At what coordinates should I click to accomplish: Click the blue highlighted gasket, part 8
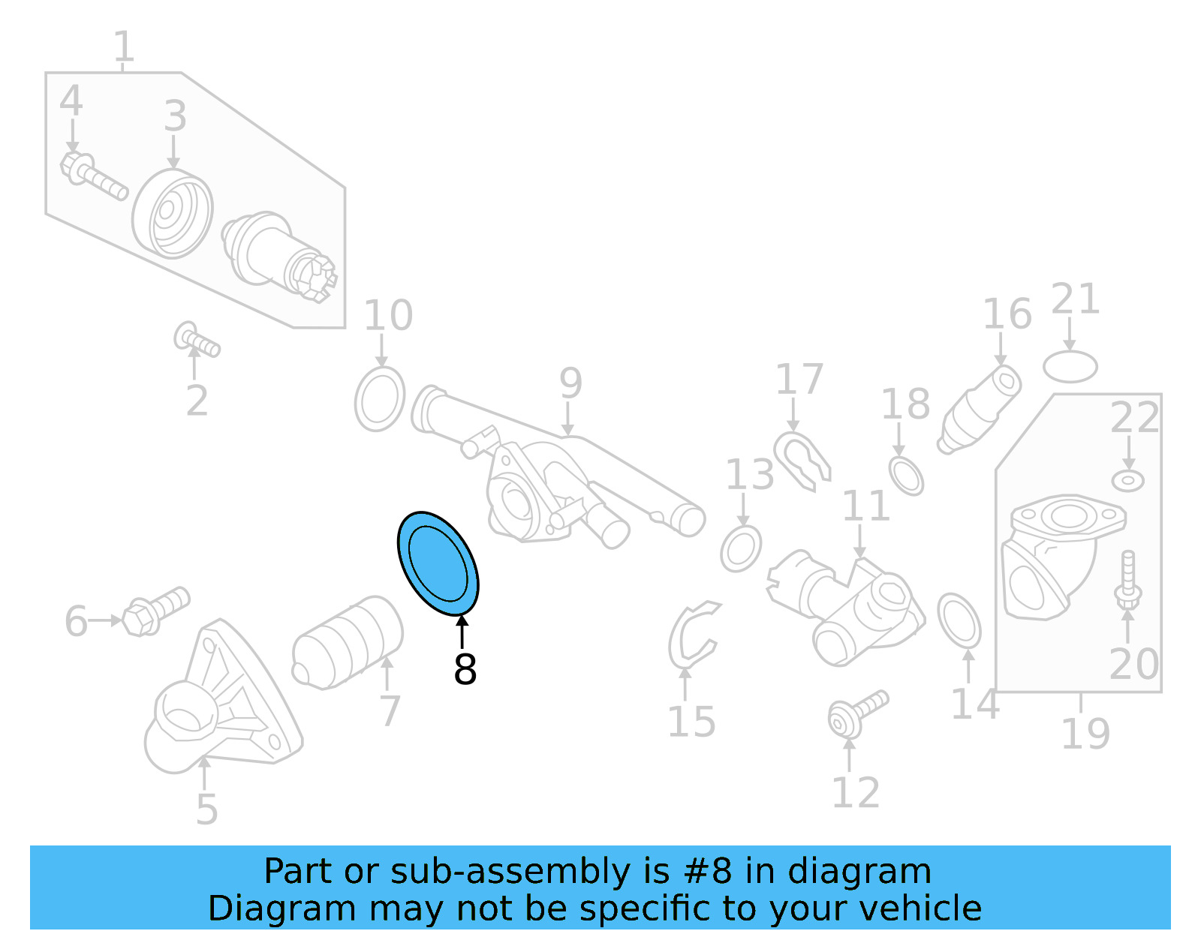click(438, 563)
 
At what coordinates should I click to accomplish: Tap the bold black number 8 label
click(465, 670)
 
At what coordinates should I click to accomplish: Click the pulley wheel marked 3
click(173, 215)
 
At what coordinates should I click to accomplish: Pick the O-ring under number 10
click(380, 399)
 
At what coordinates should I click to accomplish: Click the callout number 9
click(570, 383)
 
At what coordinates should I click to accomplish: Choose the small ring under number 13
click(741, 549)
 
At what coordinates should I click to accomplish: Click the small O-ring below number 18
click(906, 475)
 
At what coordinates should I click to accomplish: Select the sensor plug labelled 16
click(980, 410)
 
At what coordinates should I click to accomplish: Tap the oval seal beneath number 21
click(1070, 367)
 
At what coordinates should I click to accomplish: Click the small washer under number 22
click(1127, 480)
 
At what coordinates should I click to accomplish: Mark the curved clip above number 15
click(692, 635)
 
